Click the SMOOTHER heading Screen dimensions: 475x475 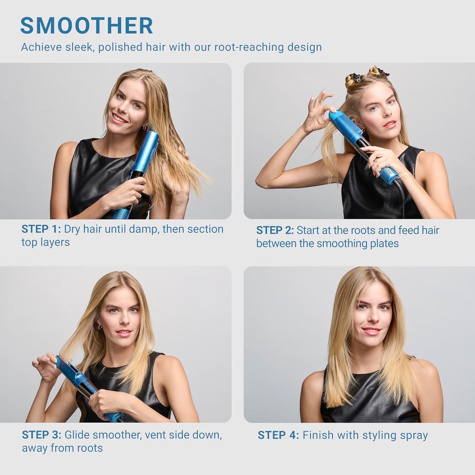(86, 26)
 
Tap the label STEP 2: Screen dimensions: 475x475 (275, 230)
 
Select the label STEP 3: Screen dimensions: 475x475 (41, 435)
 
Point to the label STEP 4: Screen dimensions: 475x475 (278, 435)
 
